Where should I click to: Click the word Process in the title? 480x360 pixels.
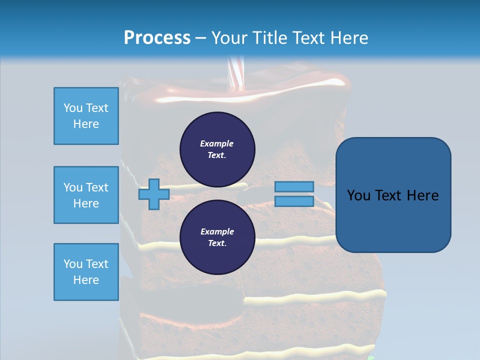pos(157,38)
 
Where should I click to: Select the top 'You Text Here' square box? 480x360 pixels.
pos(86,116)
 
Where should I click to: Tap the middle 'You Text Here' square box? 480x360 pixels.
pos(86,195)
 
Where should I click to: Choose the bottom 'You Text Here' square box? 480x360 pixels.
pos(86,272)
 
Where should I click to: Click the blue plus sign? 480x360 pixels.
pos(154,194)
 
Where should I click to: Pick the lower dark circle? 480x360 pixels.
pos(217,237)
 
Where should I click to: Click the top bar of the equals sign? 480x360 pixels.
pos(294,187)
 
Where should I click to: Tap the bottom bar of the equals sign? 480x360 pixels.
pos(294,201)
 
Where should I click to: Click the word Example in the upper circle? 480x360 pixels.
pos(216,143)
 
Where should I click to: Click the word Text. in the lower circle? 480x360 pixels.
pos(217,243)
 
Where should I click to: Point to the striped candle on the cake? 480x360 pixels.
pos(234,75)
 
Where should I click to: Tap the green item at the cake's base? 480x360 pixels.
pos(370,357)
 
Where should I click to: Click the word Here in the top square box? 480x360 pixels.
pos(86,124)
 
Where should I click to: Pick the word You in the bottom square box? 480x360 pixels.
pos(73,264)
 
